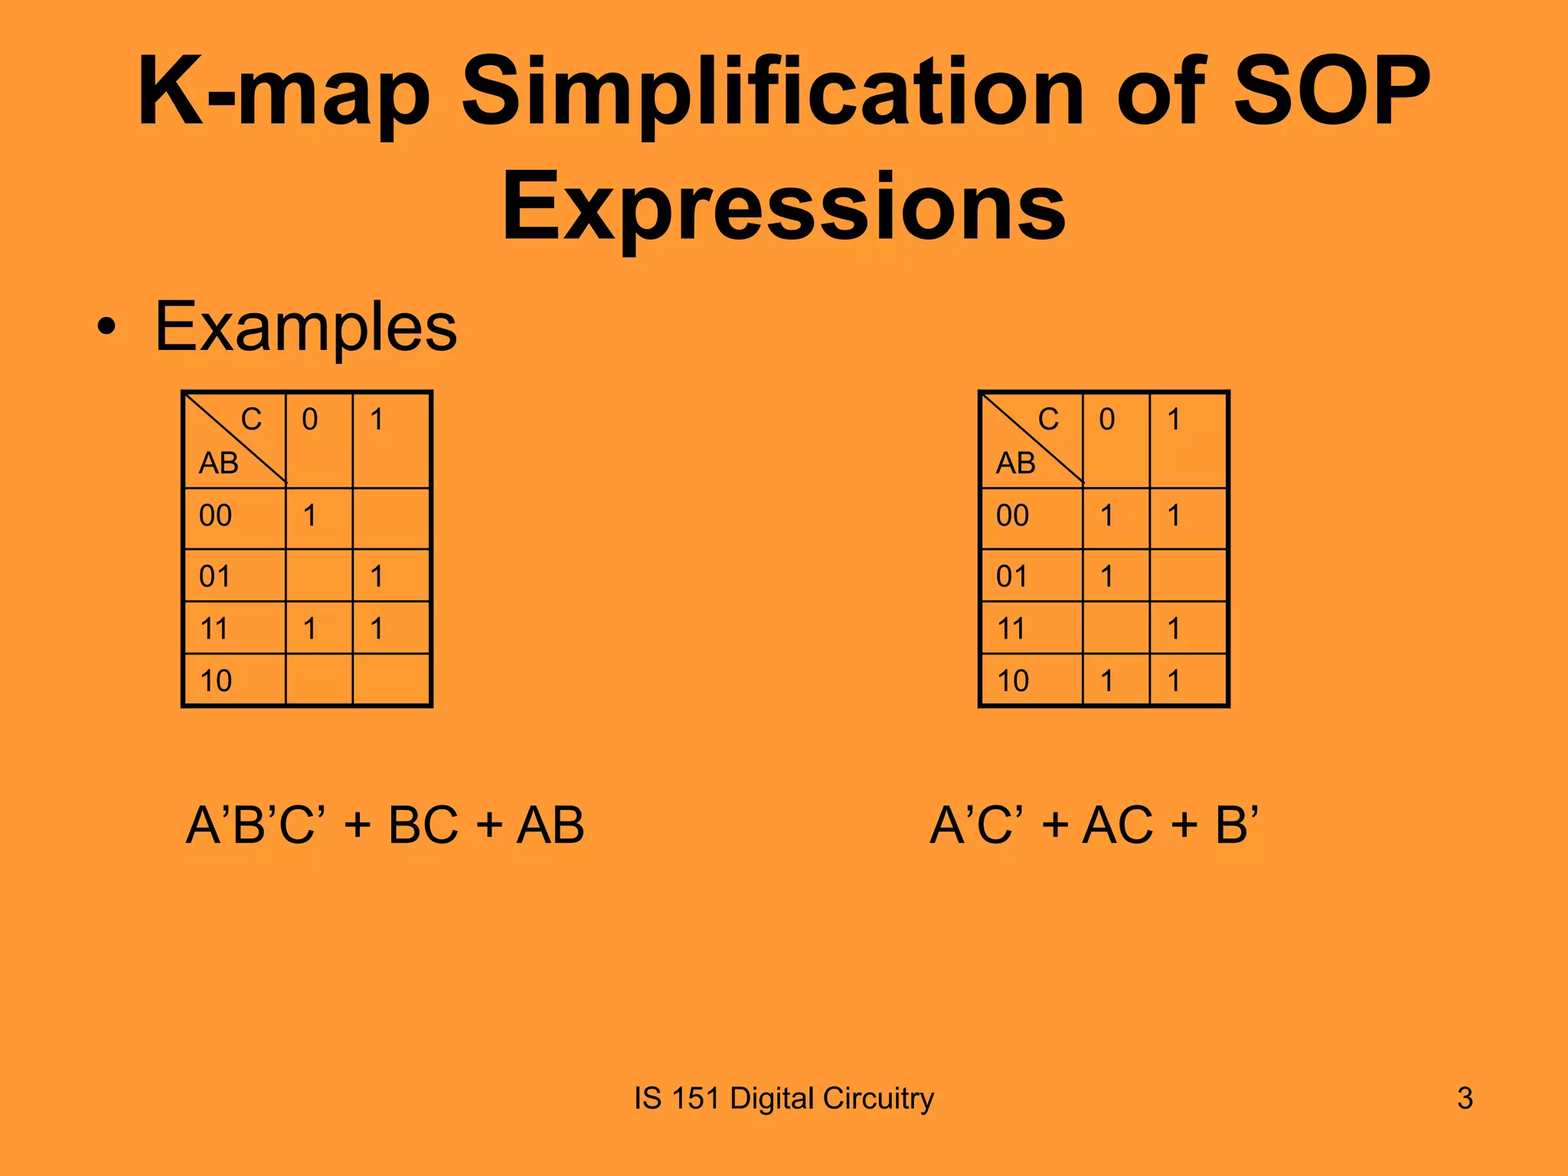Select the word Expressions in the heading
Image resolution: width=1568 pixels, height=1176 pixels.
pos(783,207)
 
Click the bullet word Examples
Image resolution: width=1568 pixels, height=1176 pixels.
pos(305,327)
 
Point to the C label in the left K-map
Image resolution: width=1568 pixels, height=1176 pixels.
pos(251,420)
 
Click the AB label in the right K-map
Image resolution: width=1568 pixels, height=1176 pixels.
pos(1015,463)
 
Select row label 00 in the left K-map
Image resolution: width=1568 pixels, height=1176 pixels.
pos(215,516)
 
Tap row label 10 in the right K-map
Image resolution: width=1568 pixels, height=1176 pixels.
pos(1012,681)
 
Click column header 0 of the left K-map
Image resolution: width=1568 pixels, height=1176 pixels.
pos(309,420)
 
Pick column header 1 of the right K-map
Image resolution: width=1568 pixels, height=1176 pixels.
pos(1174,420)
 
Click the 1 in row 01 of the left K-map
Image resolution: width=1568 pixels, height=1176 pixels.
pos(376,577)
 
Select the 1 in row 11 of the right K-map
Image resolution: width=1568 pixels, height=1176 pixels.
pos(1174,629)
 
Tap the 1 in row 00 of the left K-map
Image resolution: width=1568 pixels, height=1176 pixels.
pos(309,516)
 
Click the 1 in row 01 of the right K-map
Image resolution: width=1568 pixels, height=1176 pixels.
pos(1106,577)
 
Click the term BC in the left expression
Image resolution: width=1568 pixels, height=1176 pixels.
pos(423,825)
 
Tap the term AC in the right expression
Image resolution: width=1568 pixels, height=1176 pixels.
pos(1117,825)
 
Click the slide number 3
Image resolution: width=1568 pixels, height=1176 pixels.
pos(1465,1099)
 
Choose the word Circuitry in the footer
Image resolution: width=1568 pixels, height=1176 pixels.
pos(878,1099)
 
